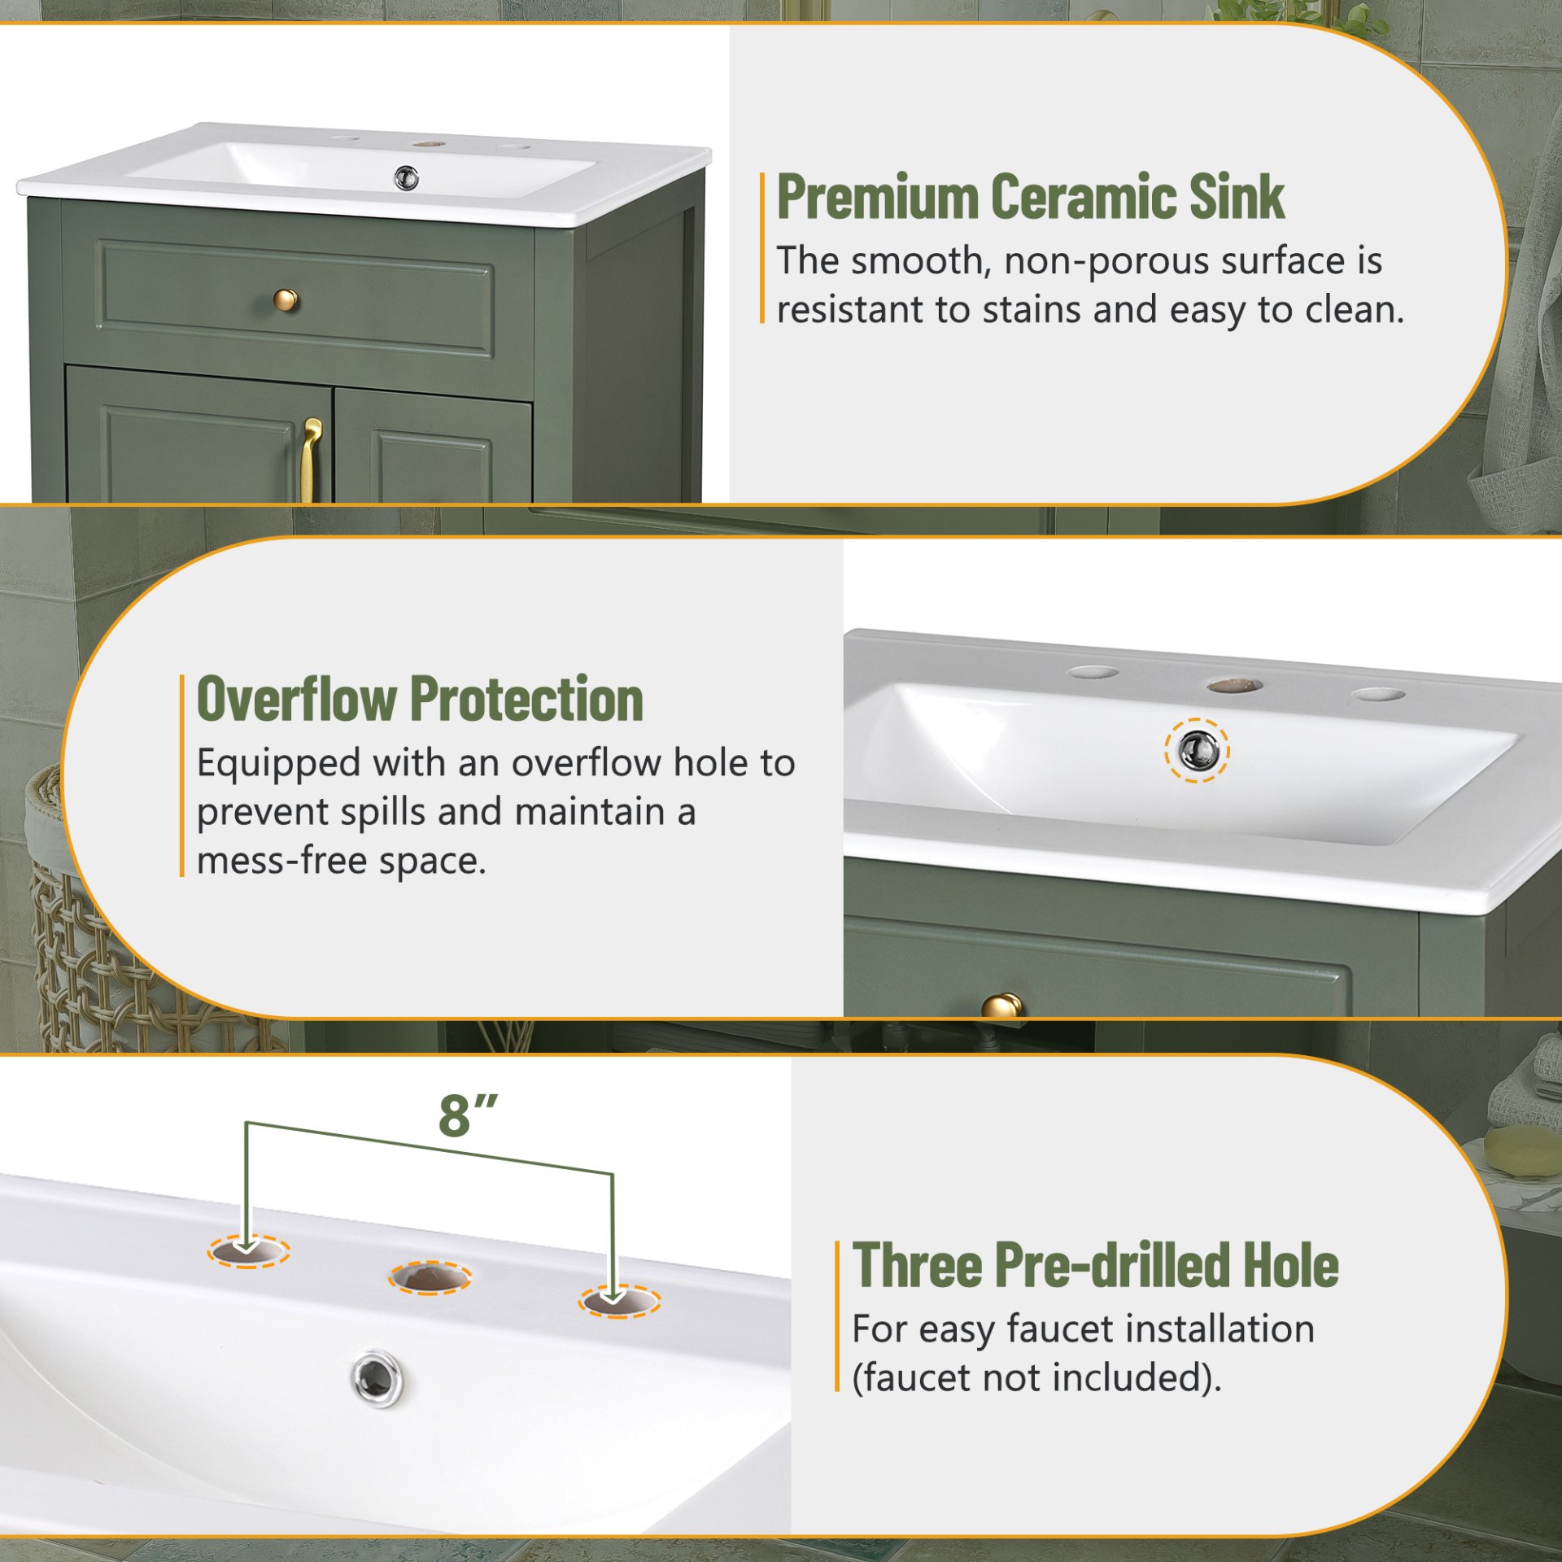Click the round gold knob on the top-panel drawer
[x=285, y=300]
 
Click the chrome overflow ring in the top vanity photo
[x=406, y=177]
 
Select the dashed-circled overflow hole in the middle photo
[x=1197, y=750]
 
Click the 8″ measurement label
[x=467, y=1115]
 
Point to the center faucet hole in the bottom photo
[x=430, y=1277]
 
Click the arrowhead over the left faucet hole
[x=247, y=1245]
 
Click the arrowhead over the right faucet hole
[x=614, y=1293]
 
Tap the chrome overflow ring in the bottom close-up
[x=377, y=1377]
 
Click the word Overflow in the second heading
[x=298, y=699]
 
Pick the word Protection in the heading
[x=526, y=699]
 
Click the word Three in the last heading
[x=917, y=1266]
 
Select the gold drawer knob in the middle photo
[x=1002, y=1006]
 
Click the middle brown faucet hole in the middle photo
[x=1234, y=686]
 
